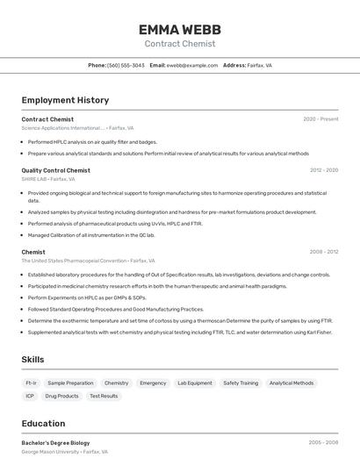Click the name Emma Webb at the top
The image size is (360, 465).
179,29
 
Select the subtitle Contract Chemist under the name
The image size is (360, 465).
179,43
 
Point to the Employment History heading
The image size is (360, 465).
65,100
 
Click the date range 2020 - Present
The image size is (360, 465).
320,118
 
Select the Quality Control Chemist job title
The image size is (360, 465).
55,170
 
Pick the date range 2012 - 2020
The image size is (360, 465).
323,170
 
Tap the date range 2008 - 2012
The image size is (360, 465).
323,252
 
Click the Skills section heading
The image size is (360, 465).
32,359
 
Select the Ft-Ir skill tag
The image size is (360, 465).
31,383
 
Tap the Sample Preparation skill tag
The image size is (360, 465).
70,383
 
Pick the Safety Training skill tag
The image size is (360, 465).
241,383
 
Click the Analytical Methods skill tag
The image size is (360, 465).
292,383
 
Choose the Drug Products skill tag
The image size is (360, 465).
61,396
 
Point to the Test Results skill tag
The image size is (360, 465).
104,396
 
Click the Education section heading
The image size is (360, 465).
43,424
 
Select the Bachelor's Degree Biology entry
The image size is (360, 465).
55,443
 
